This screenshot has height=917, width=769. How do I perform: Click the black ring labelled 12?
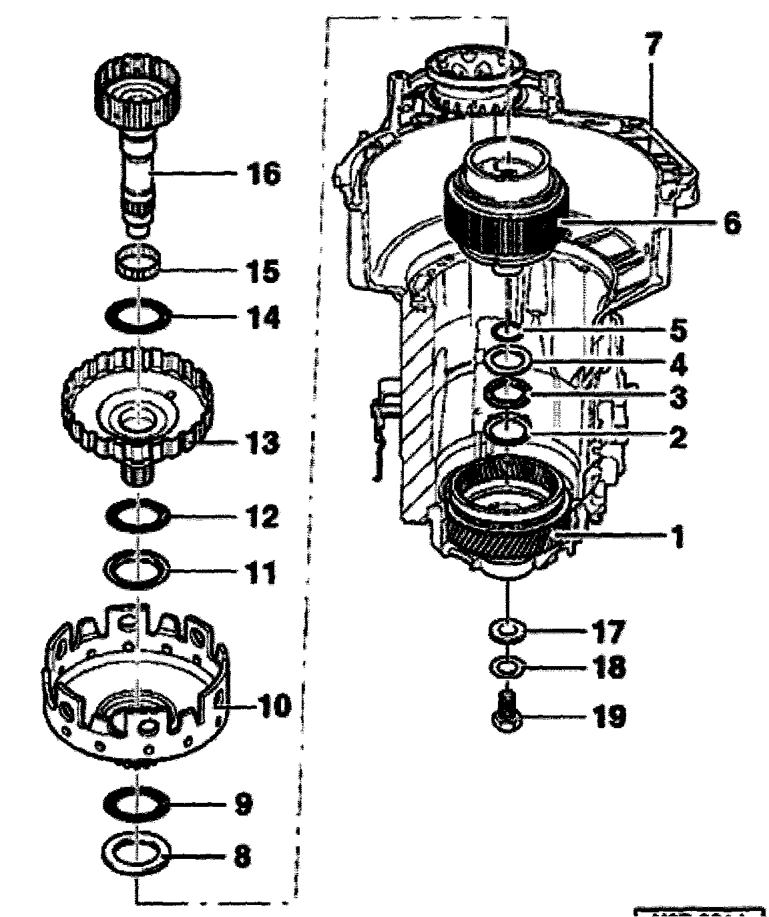pyautogui.click(x=139, y=515)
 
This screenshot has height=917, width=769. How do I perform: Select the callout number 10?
pyautogui.click(x=273, y=704)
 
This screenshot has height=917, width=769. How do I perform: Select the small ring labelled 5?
pyautogui.click(x=508, y=330)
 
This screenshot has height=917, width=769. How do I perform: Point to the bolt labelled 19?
pyautogui.click(x=507, y=713)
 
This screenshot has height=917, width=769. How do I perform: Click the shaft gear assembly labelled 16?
pyautogui.click(x=136, y=133)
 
